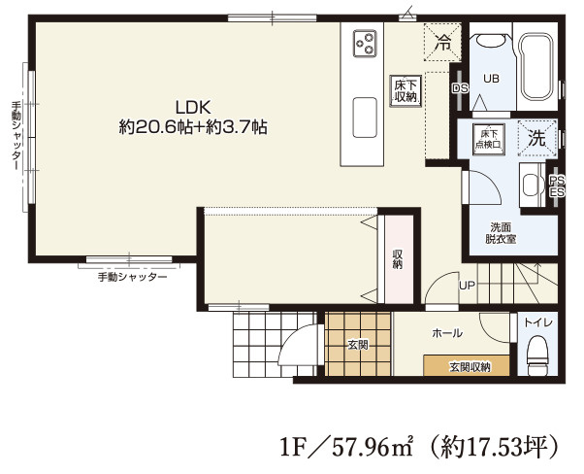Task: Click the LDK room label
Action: point(193,108)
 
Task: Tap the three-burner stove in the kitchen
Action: point(365,44)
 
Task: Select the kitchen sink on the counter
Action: point(365,118)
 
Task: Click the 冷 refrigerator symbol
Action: point(442,42)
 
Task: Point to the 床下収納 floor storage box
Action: point(406,91)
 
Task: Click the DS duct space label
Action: point(460,88)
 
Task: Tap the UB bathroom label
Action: point(491,79)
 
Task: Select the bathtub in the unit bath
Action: point(536,67)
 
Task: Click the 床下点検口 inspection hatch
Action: point(489,139)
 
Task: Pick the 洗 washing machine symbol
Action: point(537,138)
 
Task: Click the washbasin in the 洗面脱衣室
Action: point(531,185)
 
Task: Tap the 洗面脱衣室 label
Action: point(501,233)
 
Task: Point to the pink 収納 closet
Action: point(399,259)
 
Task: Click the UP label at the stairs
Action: point(467,286)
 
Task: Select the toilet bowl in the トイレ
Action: point(537,355)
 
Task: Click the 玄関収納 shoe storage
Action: point(467,365)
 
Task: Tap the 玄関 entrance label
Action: point(358,345)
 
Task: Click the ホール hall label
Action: point(447,332)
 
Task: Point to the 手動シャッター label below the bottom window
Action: point(132,277)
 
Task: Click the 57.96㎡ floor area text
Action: point(373,446)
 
